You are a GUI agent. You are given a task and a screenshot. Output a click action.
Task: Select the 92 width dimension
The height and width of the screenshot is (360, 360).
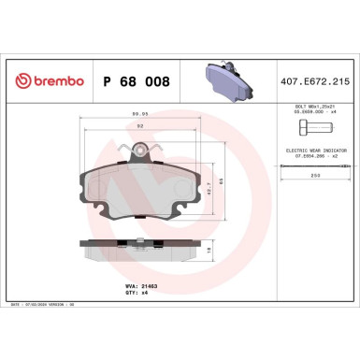tap(138, 126)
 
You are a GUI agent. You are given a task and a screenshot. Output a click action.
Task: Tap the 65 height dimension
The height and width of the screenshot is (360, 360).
tap(219, 180)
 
